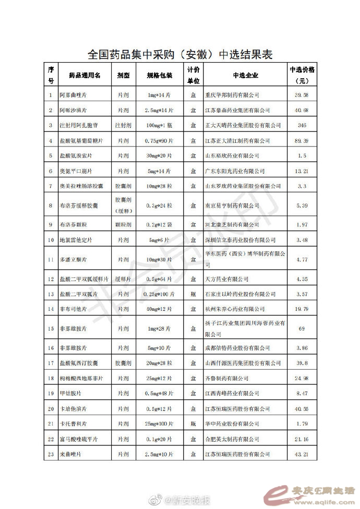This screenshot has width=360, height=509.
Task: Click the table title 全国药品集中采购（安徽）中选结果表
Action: tap(179, 54)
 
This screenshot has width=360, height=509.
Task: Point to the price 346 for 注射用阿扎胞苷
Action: tap(302, 126)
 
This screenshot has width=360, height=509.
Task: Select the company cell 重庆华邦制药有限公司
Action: tap(232, 95)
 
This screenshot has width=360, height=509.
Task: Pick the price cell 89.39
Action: tap(302, 141)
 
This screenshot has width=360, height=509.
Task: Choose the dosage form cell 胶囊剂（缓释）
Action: tap(124, 206)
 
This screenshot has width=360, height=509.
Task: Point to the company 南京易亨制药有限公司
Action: tap(232, 206)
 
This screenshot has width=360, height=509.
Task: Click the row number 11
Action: tap(51, 259)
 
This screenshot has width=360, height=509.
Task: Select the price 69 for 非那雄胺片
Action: tap(302, 329)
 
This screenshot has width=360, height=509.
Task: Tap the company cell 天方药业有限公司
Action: tap(227, 280)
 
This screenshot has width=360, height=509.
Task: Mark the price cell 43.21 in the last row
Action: tap(302, 455)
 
